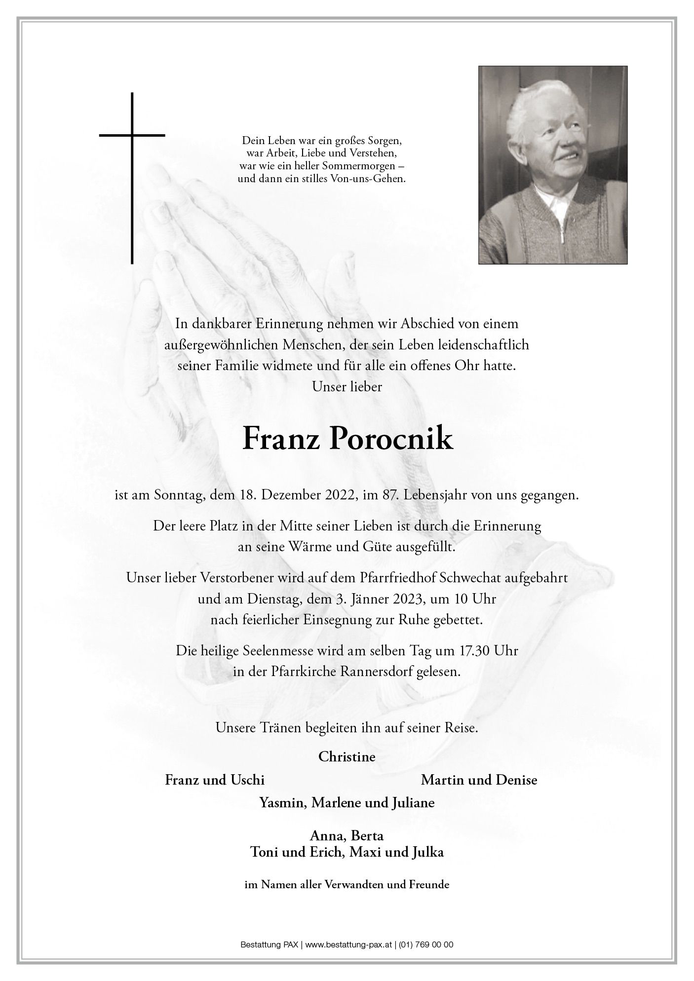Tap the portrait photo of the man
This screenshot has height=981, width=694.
[552, 165]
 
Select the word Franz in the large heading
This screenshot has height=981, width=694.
[273, 439]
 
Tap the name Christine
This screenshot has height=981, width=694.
[347, 756]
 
